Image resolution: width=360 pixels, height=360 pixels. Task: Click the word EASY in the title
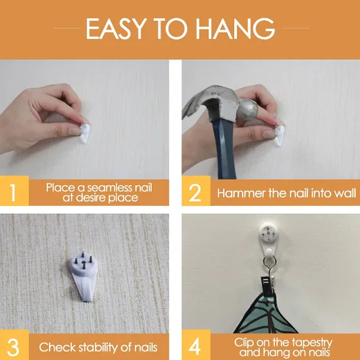[x=116, y=28]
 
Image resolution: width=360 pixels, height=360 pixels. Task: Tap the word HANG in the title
[x=236, y=28]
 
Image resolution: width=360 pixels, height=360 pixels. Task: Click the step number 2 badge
[x=196, y=191]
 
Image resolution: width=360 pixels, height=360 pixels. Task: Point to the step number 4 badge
[x=196, y=345]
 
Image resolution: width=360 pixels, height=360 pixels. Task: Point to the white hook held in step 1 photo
[x=84, y=133]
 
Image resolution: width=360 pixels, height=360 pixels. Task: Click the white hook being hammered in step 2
[x=279, y=136]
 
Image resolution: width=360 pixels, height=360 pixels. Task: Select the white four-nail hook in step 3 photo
[x=83, y=276]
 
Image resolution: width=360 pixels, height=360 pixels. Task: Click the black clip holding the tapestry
[x=267, y=286]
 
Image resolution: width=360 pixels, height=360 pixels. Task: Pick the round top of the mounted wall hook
[x=269, y=233]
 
